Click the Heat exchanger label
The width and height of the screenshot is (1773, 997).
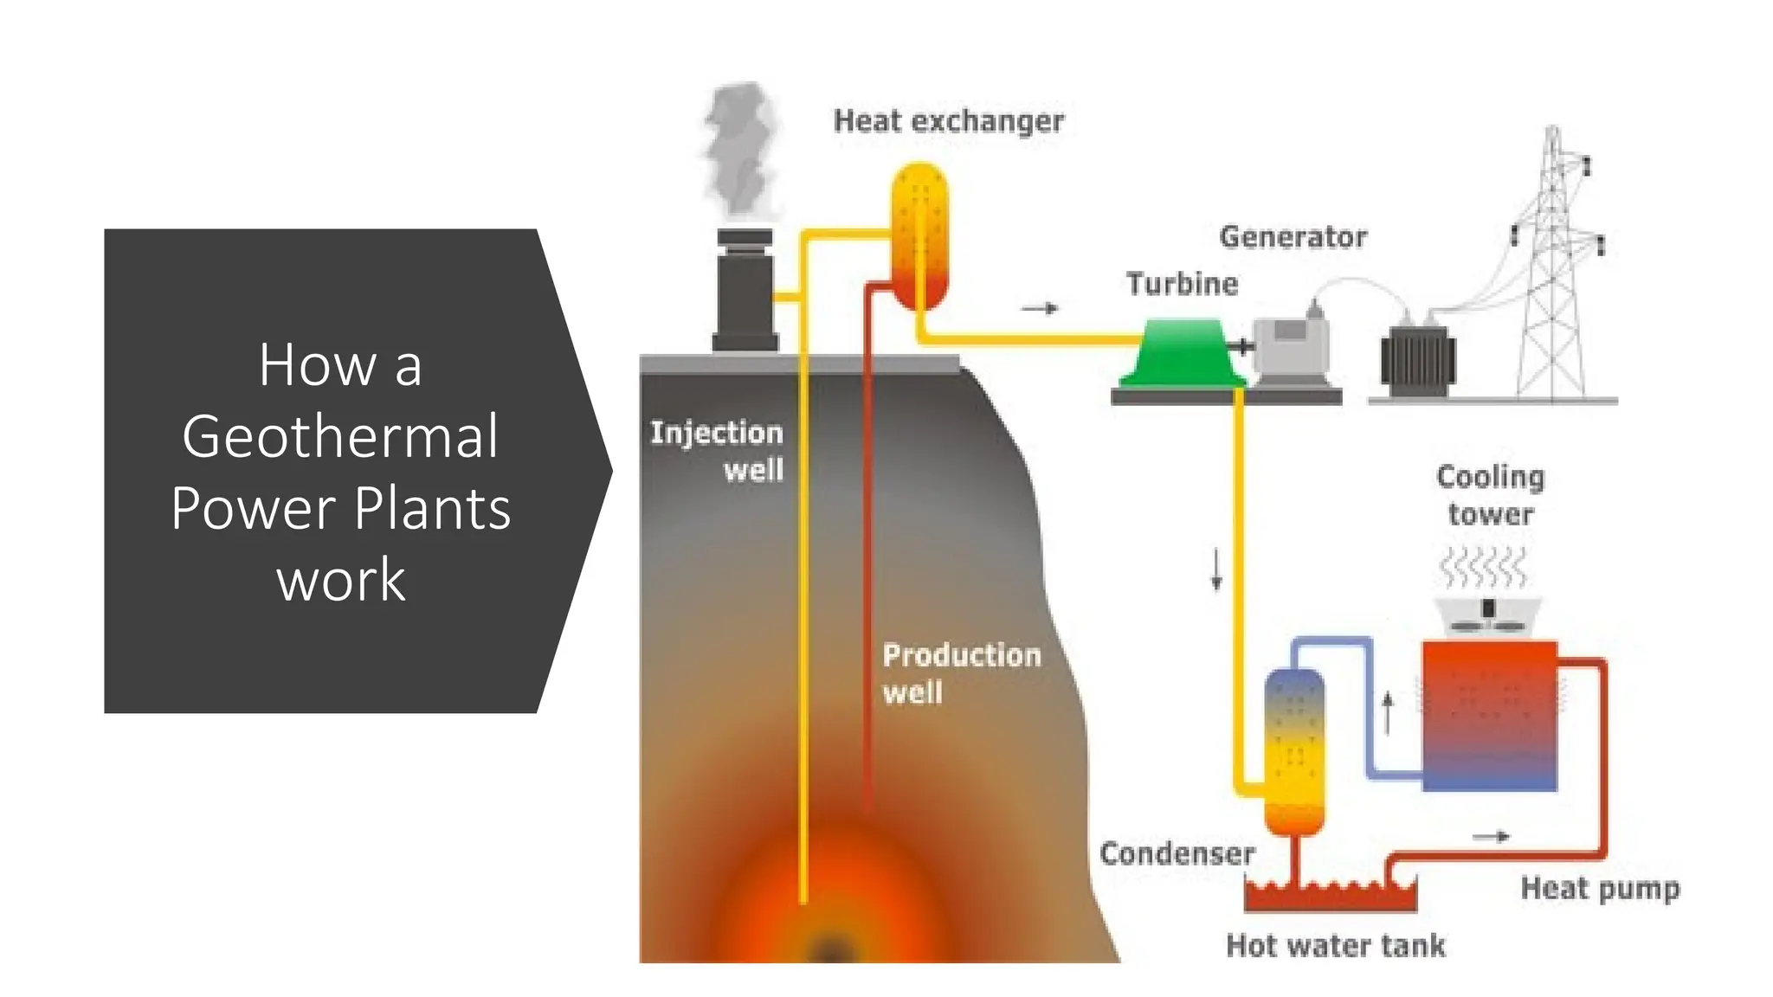tap(948, 121)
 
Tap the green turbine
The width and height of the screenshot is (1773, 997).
tap(1182, 353)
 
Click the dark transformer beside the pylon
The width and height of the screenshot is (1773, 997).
tap(1417, 362)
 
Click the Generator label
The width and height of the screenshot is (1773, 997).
tap(1293, 237)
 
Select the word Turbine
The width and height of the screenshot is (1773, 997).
tap(1182, 284)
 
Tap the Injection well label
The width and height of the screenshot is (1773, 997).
tap(717, 451)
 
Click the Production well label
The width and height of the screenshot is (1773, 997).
tap(960, 673)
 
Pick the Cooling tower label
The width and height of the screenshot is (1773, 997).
tap(1490, 495)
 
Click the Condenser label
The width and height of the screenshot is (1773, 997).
tap(1177, 854)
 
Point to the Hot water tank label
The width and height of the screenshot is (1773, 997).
tap(1335, 946)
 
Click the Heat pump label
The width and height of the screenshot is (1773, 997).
tap(1600, 889)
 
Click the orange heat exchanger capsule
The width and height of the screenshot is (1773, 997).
tap(919, 235)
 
